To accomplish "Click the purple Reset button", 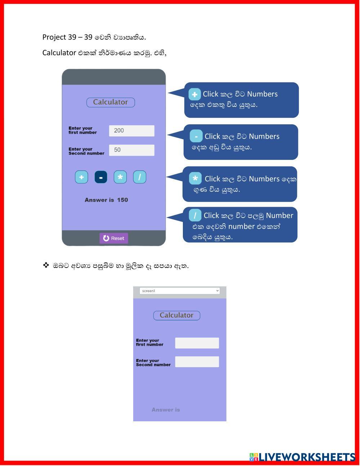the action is (114, 238).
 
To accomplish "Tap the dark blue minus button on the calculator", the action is (101, 177).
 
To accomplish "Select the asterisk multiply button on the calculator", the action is (120, 177).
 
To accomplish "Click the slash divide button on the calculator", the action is (140, 177).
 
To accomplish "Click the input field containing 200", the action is (131, 131).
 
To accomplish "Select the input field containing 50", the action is (131, 150).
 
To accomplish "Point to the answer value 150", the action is (122, 200).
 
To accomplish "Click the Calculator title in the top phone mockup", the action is (111, 102).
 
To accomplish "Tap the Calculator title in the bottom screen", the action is (177, 315).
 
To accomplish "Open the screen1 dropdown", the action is (180, 291).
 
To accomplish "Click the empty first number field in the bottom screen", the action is (197, 343).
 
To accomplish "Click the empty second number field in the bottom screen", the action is (197, 362).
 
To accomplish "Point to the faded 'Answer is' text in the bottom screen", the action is (166, 410).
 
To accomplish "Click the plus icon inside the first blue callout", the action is (194, 94).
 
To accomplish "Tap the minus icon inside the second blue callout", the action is (196, 136).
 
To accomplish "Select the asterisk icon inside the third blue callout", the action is (195, 178).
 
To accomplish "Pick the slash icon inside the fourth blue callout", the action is (195, 215).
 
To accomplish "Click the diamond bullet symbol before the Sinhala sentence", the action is (46, 265).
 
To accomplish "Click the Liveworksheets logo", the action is (302, 457).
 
